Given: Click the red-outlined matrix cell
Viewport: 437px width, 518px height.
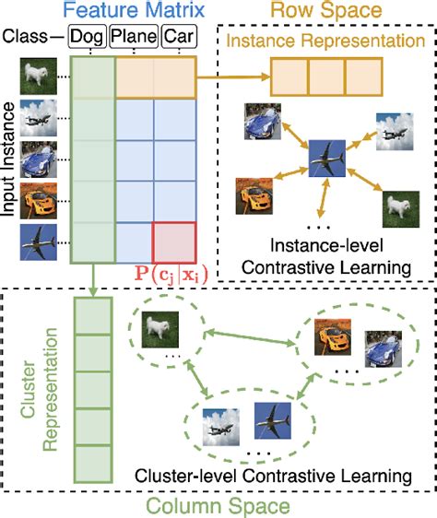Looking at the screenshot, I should [x=173, y=241].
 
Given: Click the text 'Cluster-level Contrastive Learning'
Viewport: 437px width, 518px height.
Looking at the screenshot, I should [x=271, y=477].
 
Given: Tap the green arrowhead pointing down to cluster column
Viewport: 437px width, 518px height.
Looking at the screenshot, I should [x=94, y=294].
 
